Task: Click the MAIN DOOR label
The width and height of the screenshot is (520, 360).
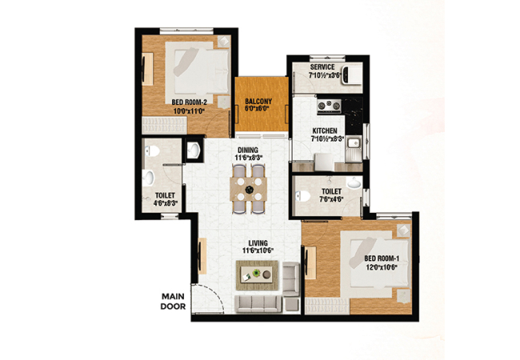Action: (x=173, y=302)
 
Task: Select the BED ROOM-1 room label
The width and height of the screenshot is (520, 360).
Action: (x=381, y=258)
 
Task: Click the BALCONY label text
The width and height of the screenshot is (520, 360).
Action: (x=258, y=101)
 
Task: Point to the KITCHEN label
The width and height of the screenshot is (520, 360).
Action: (x=325, y=131)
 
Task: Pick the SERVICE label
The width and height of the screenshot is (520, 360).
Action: (x=322, y=67)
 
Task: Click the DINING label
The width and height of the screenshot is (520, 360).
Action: (x=248, y=150)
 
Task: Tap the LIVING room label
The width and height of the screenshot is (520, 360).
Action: (x=258, y=243)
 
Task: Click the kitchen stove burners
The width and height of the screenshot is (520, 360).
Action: (x=329, y=106)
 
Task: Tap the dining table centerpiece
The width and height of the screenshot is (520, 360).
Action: (x=249, y=190)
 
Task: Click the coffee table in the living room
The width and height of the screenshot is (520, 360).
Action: (x=257, y=274)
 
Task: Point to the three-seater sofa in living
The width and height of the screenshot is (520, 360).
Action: (x=258, y=304)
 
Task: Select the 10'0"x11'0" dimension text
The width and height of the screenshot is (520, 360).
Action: (x=189, y=111)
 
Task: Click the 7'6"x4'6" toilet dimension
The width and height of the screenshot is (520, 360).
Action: (x=331, y=199)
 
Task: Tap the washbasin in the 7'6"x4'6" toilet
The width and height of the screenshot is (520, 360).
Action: (x=354, y=182)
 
